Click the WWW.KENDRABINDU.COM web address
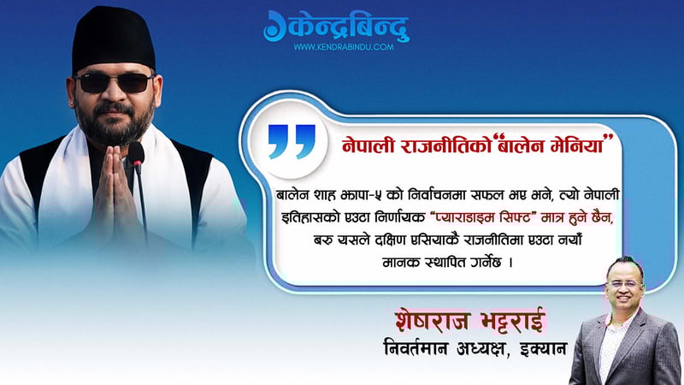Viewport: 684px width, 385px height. click(344, 47)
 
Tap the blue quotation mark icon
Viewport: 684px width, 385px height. click(292, 142)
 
